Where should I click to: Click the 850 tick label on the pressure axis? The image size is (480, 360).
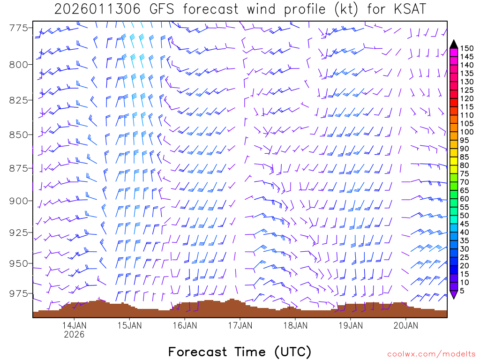point(18,135)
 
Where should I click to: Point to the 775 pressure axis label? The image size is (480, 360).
point(18,28)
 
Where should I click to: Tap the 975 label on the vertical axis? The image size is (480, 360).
point(18,293)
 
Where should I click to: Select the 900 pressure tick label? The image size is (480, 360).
point(18,201)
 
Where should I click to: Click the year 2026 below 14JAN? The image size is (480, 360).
point(74,335)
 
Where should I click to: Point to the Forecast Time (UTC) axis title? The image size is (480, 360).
point(240,352)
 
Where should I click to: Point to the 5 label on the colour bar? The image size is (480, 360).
point(462,291)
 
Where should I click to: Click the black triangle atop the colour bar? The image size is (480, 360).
point(453,44)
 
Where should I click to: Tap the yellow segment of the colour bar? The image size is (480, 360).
point(453,161)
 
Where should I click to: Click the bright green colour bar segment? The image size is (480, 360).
point(453,186)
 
